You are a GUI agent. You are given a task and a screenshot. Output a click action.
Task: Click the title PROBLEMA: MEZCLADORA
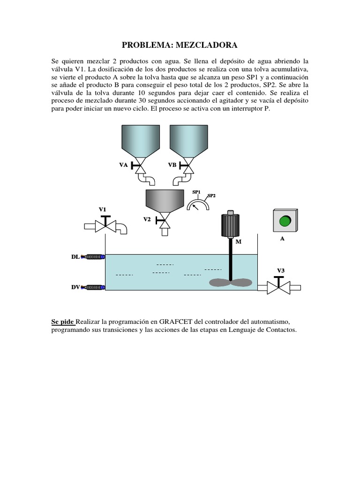(x=180, y=45)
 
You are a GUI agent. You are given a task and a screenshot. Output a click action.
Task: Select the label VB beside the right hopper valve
(x=172, y=165)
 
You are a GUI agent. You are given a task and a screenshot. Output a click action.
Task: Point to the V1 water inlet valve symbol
(x=106, y=225)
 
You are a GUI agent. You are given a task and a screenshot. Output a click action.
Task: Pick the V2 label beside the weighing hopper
(x=147, y=219)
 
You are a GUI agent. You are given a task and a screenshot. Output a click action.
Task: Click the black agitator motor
(x=230, y=225)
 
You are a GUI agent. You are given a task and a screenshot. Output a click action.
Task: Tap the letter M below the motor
(x=238, y=242)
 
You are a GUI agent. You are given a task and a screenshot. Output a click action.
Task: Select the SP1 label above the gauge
(x=196, y=192)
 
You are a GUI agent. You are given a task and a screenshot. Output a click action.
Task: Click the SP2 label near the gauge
(x=211, y=195)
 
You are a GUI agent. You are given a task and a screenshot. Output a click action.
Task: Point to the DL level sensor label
(x=75, y=257)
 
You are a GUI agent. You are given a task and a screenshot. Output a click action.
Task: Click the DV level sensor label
(x=75, y=287)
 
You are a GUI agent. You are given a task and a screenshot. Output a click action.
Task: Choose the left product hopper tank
(x=140, y=140)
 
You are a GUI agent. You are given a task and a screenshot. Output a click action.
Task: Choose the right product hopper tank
(x=188, y=140)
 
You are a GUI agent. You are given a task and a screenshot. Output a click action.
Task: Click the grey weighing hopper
(x=164, y=201)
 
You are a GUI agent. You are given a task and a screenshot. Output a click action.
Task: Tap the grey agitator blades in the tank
(x=230, y=283)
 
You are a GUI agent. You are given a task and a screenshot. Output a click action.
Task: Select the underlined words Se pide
(x=63, y=322)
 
